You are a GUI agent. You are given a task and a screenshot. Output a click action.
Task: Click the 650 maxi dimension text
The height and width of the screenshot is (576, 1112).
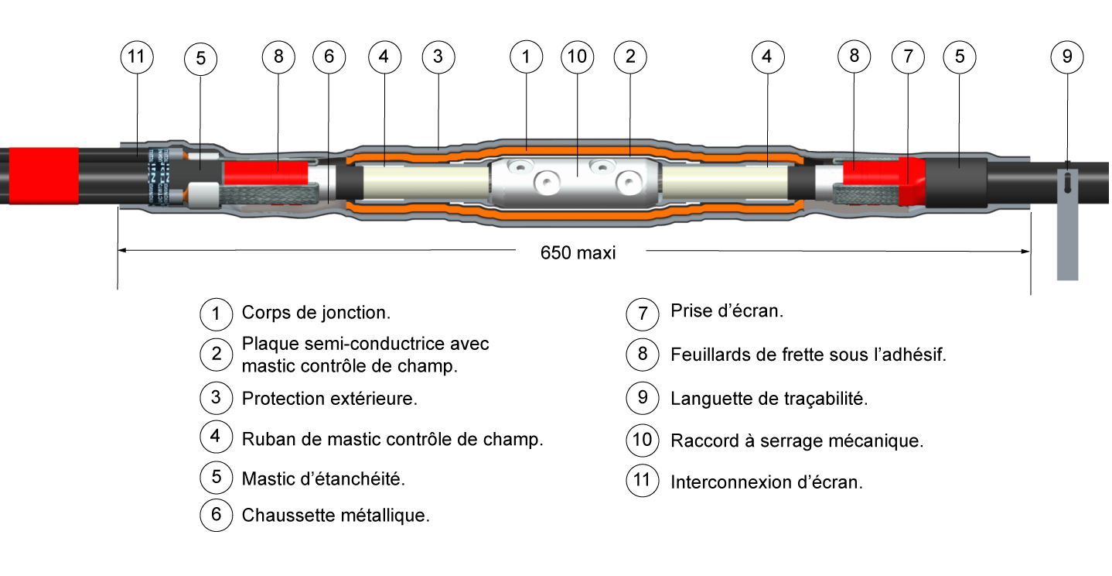pyautogui.click(x=578, y=252)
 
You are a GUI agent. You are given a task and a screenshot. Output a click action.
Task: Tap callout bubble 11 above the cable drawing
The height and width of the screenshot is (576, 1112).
pyautogui.click(x=137, y=57)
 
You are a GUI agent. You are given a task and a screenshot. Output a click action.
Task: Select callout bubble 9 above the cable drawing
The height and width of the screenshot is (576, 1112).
pyautogui.click(x=1067, y=57)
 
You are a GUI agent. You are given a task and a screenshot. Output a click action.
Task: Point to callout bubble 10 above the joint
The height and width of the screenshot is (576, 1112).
pyautogui.click(x=578, y=57)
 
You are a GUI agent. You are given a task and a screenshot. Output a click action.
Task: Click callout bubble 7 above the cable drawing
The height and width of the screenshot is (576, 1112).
pyautogui.click(x=908, y=57)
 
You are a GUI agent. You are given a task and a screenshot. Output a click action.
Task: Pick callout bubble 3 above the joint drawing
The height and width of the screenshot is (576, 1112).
pyautogui.click(x=438, y=57)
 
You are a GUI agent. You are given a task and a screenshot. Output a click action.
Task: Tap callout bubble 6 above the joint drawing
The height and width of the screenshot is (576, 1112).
pyautogui.click(x=329, y=57)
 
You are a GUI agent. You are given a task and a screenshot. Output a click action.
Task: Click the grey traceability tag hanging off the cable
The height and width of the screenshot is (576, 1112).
pyautogui.click(x=1067, y=225)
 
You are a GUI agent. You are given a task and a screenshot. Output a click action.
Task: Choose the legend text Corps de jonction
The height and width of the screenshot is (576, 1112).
pyautogui.click(x=316, y=314)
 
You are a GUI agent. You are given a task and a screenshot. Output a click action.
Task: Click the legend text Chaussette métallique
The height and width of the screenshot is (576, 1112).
pyautogui.click(x=336, y=516)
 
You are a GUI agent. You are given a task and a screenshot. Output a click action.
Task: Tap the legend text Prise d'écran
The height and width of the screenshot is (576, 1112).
pyautogui.click(x=727, y=311)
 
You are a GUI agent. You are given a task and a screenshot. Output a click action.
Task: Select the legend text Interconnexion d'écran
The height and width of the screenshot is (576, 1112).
pyautogui.click(x=766, y=482)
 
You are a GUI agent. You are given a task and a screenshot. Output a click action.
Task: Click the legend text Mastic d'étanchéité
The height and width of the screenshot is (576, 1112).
pyautogui.click(x=323, y=478)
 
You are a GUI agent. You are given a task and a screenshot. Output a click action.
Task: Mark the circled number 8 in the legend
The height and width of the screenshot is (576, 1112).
pyautogui.click(x=642, y=354)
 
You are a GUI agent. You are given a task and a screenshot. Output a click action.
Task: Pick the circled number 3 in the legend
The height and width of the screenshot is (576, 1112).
pyautogui.click(x=216, y=398)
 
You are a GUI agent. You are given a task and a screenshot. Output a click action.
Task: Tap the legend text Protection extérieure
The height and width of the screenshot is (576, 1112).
pyautogui.click(x=329, y=399)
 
